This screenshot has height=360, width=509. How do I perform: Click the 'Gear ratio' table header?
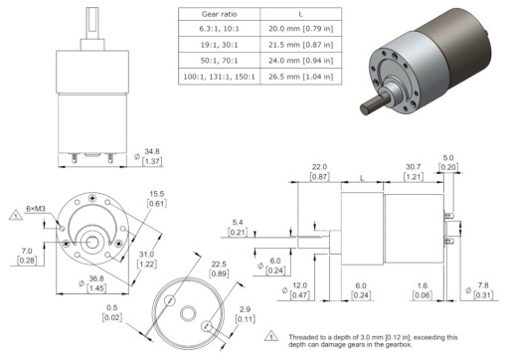[219, 14]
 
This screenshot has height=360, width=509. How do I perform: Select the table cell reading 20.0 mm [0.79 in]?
[301, 29]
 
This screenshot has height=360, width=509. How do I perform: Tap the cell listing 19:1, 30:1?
[219, 45]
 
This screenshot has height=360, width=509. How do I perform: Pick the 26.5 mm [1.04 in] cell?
[301, 77]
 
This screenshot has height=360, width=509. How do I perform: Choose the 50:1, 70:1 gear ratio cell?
[219, 61]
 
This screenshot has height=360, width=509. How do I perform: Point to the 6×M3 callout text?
[36, 209]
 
